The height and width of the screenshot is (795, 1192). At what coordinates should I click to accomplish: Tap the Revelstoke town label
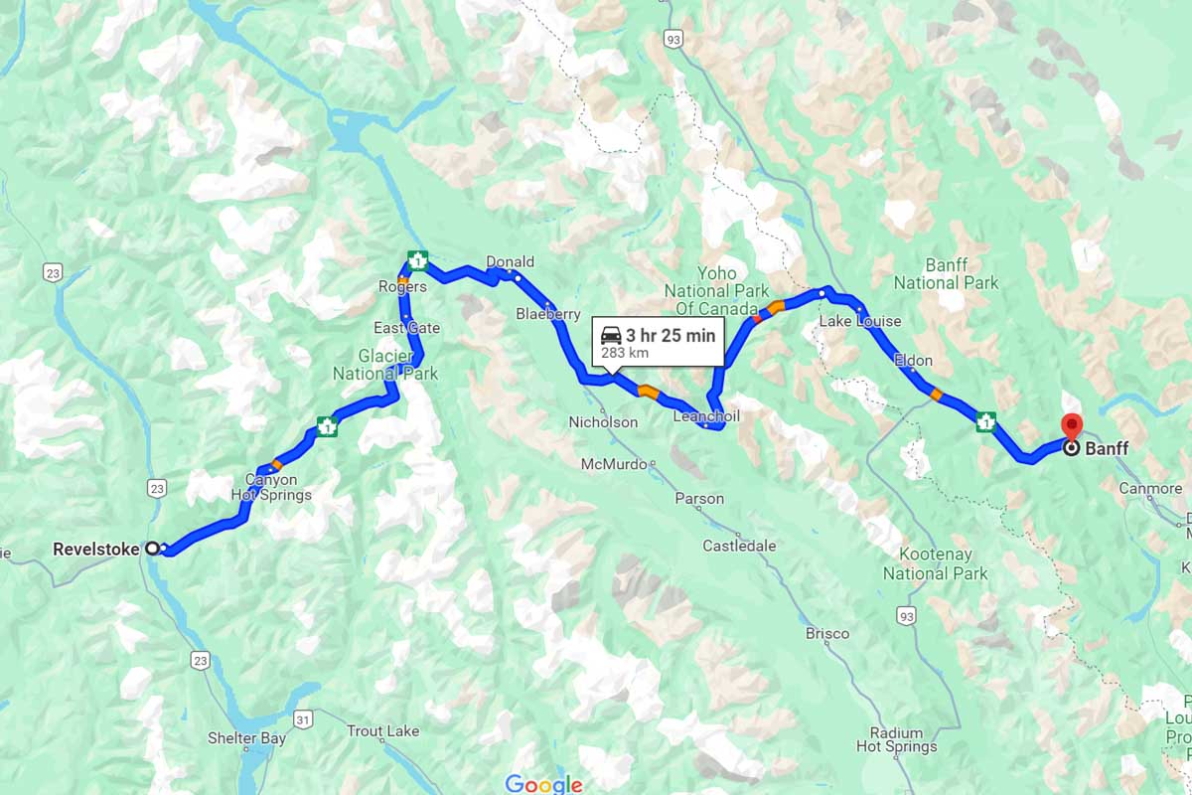[95, 548]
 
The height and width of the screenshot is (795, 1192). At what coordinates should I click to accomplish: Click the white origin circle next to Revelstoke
[152, 548]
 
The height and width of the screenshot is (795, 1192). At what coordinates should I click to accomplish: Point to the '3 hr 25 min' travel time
[670, 336]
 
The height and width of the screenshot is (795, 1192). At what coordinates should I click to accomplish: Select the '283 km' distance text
[625, 354]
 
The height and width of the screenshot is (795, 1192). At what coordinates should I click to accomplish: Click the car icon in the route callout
[611, 336]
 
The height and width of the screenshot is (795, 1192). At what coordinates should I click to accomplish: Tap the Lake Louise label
[859, 321]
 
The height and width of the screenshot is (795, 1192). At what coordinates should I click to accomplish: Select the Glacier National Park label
[384, 365]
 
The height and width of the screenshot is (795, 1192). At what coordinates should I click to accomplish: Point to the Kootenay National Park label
[935, 563]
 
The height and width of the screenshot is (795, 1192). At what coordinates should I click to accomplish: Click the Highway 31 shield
[304, 717]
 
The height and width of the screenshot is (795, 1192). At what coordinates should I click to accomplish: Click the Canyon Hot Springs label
[271, 487]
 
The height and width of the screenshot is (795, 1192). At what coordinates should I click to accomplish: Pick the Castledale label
[739, 546]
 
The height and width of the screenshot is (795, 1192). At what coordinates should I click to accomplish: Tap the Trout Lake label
[382, 731]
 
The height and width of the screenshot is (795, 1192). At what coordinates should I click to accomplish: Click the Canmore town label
[1150, 488]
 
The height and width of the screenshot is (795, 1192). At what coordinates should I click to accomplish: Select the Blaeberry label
[547, 314]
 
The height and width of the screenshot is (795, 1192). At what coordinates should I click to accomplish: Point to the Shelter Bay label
[246, 738]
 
